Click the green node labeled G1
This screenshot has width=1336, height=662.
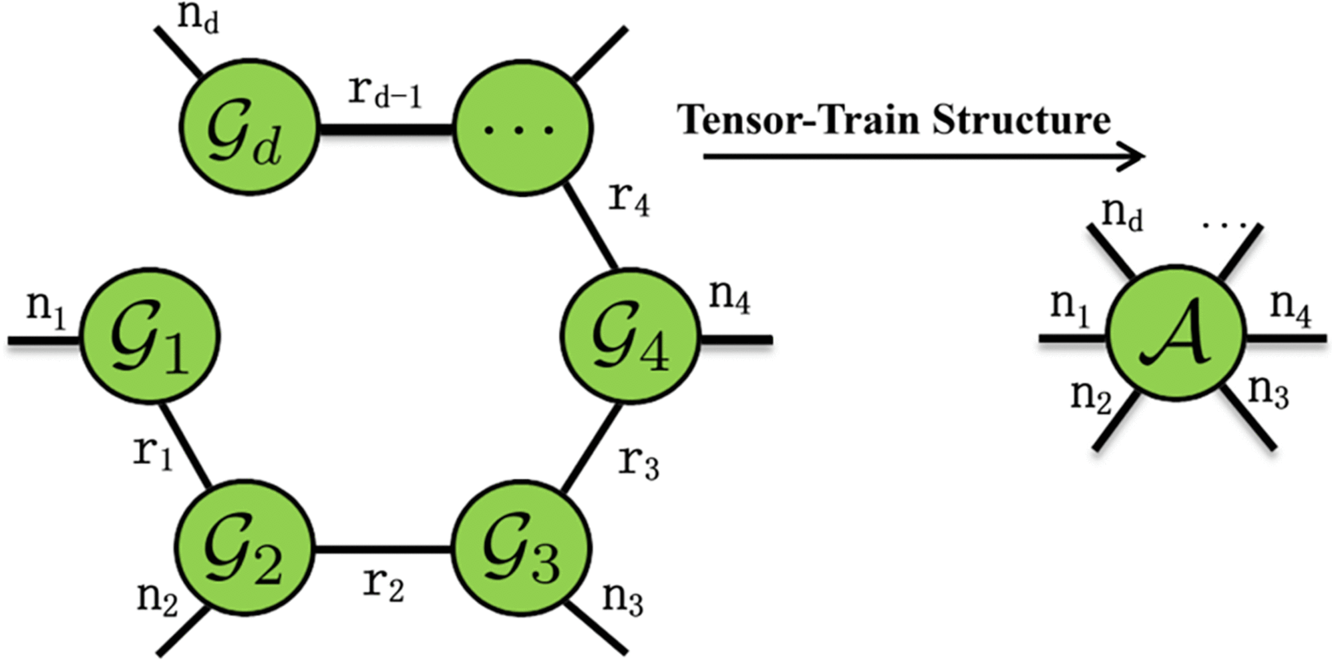pos(150,336)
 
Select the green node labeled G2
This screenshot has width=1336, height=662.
pos(244,549)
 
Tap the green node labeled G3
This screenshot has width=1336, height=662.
pos(522,549)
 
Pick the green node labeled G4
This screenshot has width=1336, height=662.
pos(630,336)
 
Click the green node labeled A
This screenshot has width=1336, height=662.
pos(1176,332)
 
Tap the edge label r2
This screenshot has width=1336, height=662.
pos(383,585)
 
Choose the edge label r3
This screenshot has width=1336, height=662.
pos(638,462)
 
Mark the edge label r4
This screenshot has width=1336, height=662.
pos(629,199)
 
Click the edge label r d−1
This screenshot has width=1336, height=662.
pos(385,93)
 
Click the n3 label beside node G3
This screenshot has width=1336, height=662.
pos(623,598)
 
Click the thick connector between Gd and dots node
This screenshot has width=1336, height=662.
pos(385,128)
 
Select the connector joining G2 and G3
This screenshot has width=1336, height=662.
pos(383,550)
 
